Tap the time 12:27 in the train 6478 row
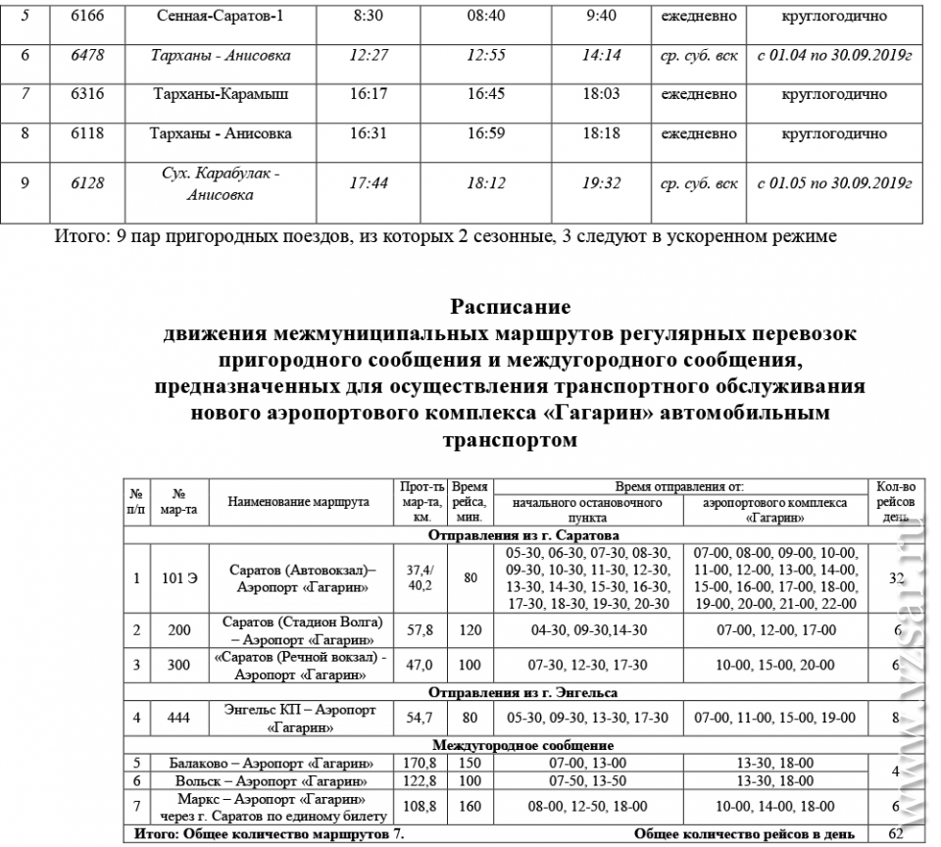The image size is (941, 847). (x=370, y=56)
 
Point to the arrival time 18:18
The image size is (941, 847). (x=602, y=133)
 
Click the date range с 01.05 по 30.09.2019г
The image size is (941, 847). (x=835, y=183)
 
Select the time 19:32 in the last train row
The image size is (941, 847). (x=602, y=183)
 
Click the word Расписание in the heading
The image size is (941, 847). (x=510, y=307)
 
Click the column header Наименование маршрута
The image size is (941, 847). (x=299, y=501)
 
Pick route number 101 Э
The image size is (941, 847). (x=179, y=577)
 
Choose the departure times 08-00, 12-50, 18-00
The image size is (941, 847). (x=588, y=806)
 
